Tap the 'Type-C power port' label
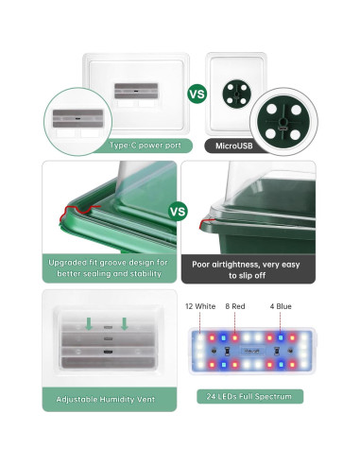[x=144, y=145]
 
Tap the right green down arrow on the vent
[x=123, y=324]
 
